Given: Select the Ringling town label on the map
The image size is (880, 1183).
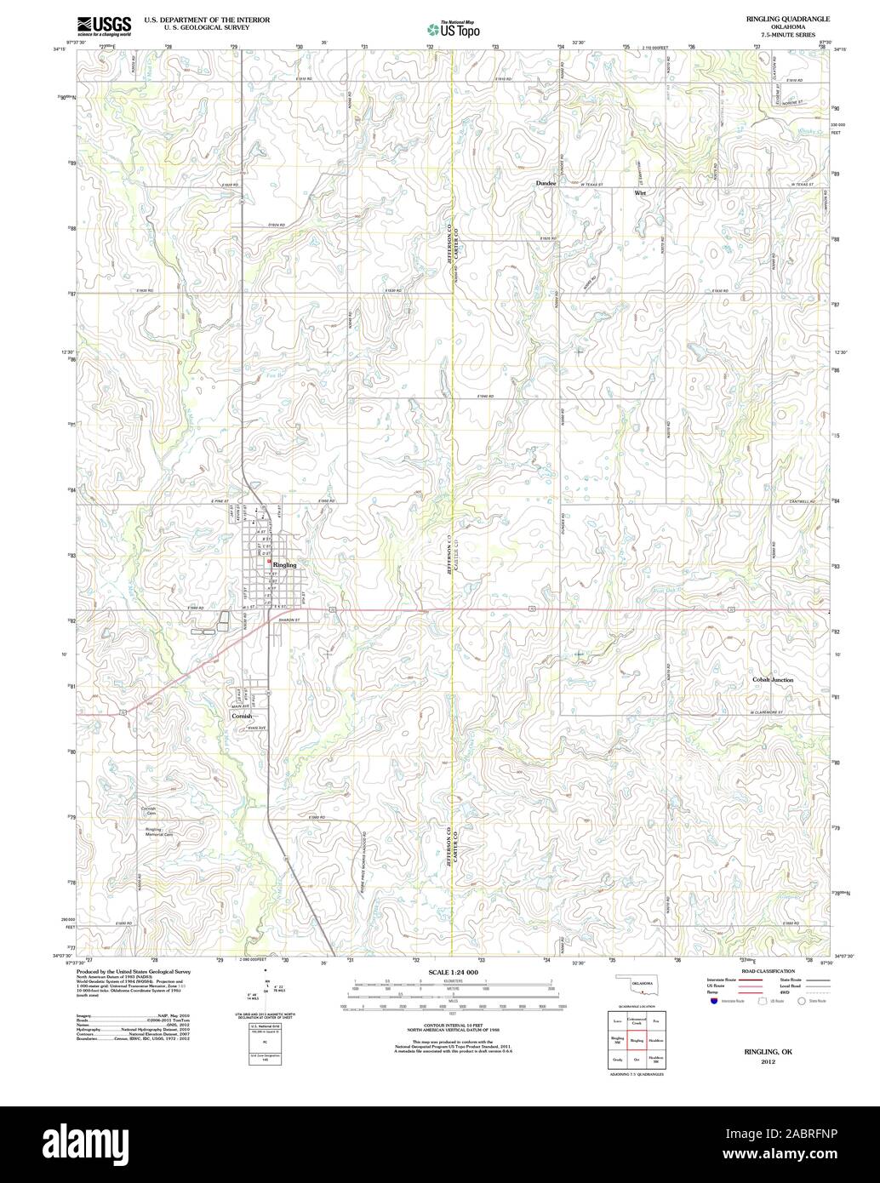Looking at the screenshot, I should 284,565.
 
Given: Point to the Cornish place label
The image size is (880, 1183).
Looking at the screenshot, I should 243,717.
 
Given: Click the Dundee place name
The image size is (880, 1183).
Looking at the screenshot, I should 546,183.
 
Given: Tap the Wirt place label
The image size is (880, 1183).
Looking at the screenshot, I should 640,193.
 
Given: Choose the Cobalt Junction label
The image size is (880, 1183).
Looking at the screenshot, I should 773,680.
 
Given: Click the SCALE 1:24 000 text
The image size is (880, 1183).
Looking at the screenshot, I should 454,972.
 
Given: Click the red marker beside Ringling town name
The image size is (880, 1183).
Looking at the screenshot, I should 269,562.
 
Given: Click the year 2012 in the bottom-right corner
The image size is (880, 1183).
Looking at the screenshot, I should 768,1063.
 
